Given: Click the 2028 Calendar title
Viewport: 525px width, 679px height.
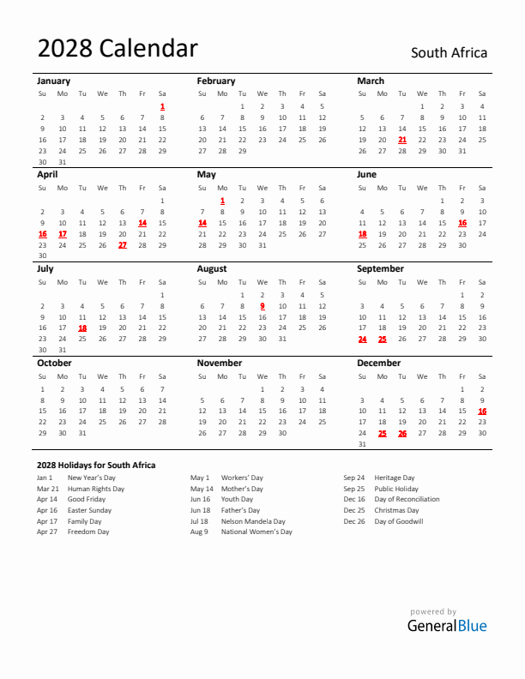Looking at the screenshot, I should coord(118,50).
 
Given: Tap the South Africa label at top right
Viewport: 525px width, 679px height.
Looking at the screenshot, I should coord(449,53).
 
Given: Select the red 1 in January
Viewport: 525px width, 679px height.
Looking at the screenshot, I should coord(162,106).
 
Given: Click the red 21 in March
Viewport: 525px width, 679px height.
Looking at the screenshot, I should coord(402,139).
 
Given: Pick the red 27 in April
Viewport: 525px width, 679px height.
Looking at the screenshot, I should coord(123,244).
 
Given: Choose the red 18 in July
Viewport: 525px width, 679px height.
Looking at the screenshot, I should coord(82,327).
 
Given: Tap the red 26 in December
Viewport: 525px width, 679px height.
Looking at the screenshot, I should coord(402,433).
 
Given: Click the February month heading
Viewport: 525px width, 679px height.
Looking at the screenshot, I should coord(215,81).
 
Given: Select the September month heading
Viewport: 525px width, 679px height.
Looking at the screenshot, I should coord(380,268).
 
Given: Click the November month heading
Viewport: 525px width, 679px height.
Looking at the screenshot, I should coord(220,363).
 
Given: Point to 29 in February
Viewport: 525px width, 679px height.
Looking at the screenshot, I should coord(242,150).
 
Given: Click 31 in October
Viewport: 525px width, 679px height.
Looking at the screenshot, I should coord(82,433).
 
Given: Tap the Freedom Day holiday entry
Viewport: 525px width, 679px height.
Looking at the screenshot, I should coord(88,532).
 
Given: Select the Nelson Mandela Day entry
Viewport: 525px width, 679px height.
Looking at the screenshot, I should coord(253,520).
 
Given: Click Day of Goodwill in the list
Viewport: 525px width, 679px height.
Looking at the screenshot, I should coord(398,520).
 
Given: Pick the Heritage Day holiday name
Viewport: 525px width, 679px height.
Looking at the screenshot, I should coord(394,478).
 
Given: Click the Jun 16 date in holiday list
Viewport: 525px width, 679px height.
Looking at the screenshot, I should coord(201,499).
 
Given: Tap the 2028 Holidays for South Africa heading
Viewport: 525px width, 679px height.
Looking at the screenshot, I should coord(96,465).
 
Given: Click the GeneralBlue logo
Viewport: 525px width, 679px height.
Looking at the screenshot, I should coord(447,625).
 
